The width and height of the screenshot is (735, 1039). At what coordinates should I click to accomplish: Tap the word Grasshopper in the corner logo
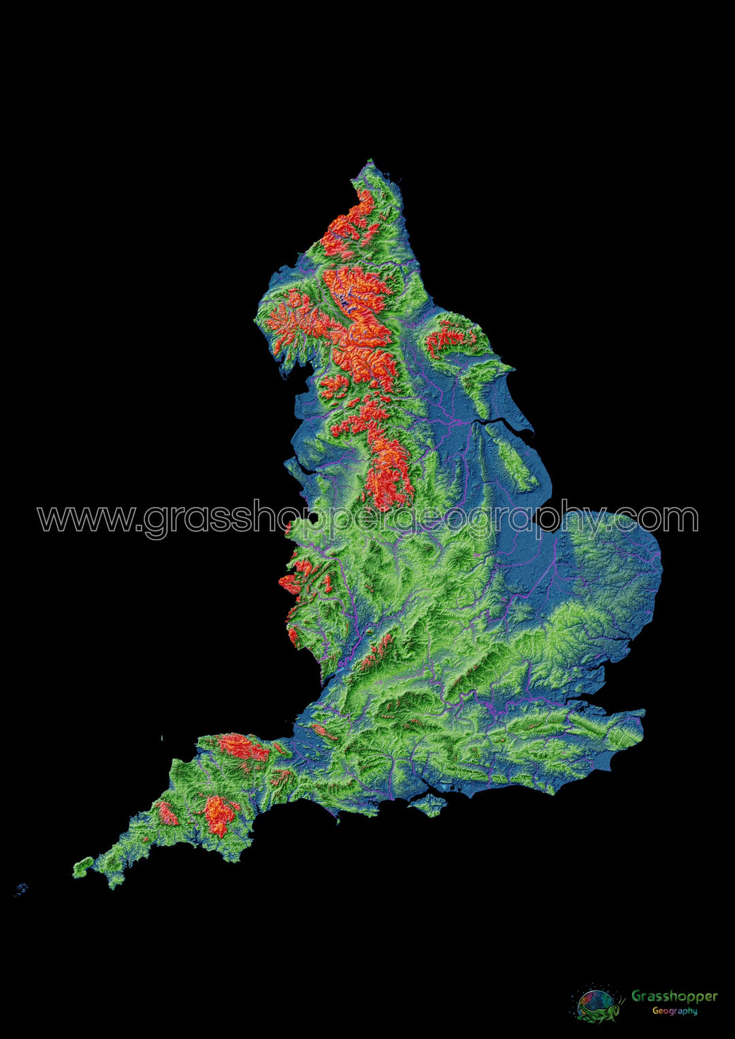pyautogui.click(x=674, y=996)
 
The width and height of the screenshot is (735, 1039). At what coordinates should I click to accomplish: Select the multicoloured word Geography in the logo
pyautogui.click(x=674, y=1011)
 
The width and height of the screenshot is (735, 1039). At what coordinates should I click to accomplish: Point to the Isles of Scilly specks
pyautogui.click(x=21, y=889)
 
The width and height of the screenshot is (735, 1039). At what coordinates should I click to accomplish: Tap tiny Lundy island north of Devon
pyautogui.click(x=162, y=738)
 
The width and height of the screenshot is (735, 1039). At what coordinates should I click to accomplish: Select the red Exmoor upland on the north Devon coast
pyautogui.click(x=242, y=747)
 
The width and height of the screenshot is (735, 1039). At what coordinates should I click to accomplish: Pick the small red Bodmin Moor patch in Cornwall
pyautogui.click(x=167, y=813)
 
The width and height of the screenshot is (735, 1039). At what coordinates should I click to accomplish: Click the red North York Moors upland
pyautogui.click(x=451, y=336)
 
